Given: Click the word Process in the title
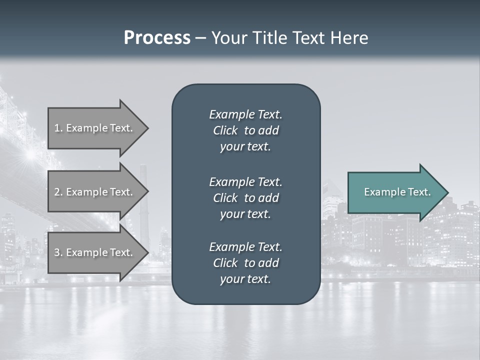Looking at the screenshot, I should click(157, 38).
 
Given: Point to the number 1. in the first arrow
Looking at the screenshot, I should click(58, 128).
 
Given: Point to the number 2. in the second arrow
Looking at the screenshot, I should click(58, 192).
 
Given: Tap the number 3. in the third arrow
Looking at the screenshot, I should click(58, 252).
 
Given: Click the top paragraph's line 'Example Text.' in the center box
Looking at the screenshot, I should click(245, 114).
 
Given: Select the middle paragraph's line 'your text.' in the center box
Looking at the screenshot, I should click(245, 214).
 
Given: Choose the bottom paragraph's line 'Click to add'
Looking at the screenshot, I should click(245, 263).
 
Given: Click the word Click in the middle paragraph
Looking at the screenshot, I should click(225, 198).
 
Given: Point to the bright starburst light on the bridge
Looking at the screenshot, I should click(31, 154).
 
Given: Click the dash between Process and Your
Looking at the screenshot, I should click(200, 38).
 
